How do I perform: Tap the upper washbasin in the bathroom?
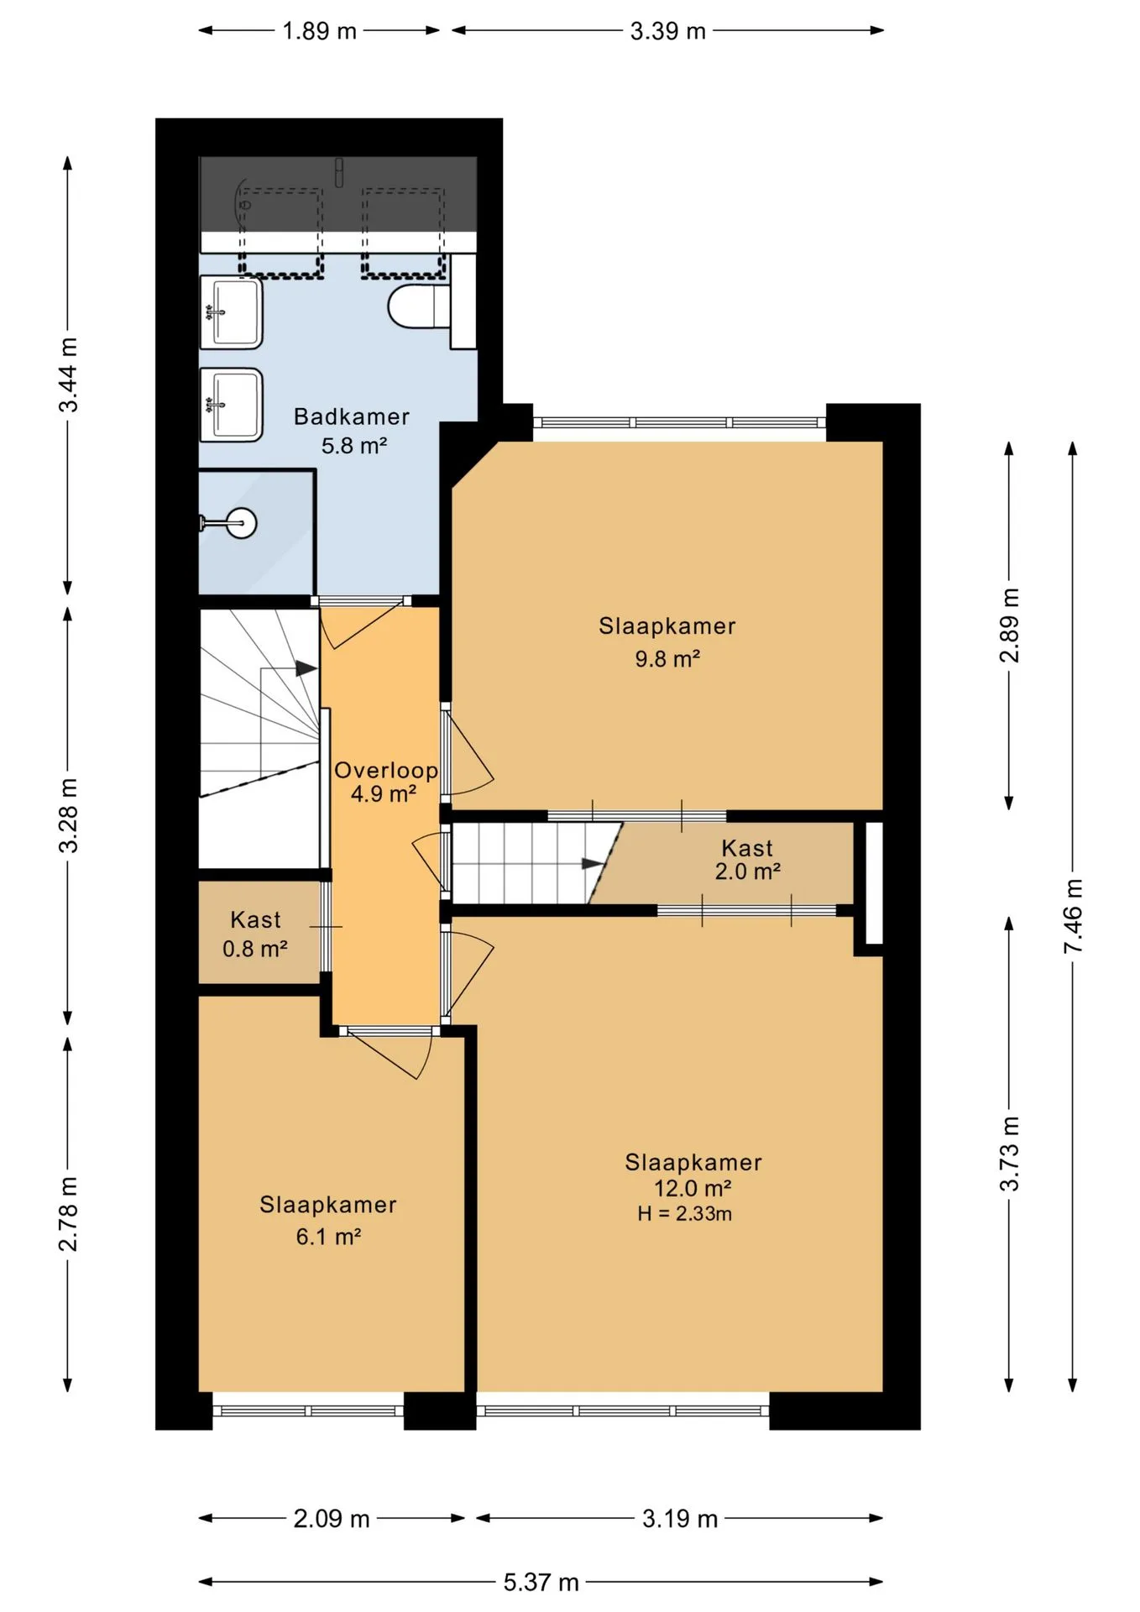point(231,312)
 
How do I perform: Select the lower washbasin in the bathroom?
point(231,405)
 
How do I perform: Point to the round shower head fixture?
point(241,524)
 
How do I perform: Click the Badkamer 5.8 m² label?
point(352,431)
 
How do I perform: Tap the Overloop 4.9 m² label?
point(385,782)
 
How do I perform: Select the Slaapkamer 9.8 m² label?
point(667,642)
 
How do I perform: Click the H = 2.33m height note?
point(684,1214)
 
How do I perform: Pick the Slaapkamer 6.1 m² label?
point(328,1221)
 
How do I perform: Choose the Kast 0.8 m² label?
point(255,934)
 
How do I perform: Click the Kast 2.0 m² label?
point(747,860)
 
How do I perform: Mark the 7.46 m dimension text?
point(1073,916)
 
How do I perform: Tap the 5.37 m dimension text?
point(541,1583)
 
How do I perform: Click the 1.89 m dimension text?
point(319,31)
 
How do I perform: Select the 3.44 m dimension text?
point(68,375)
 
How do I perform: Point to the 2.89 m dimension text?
point(1010,625)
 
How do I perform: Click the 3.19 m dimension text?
point(680,1519)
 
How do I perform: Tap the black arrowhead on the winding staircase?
point(306,669)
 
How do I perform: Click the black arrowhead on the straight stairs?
point(594,863)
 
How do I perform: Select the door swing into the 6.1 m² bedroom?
point(390,1053)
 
